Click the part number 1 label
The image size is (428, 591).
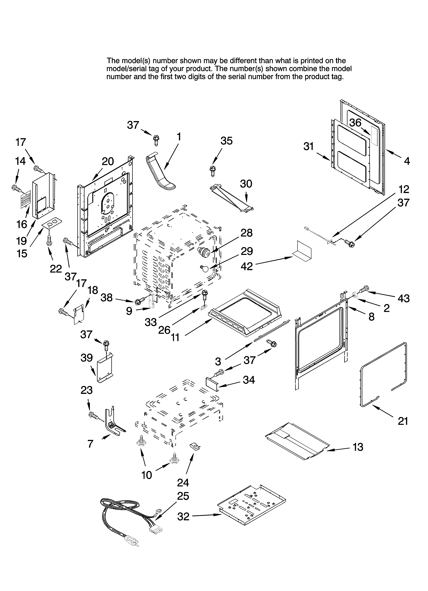[x=179, y=137]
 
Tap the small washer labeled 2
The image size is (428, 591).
[x=355, y=295]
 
